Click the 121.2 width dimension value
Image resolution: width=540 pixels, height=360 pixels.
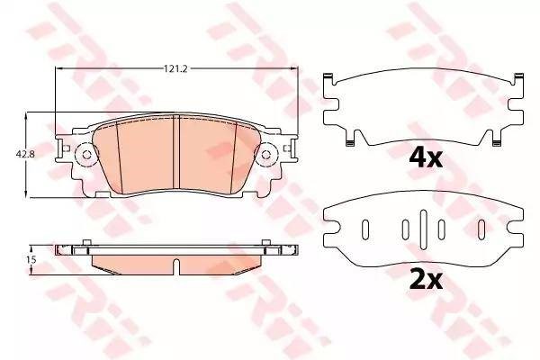pos(175,69)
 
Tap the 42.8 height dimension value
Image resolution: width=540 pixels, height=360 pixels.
pos(25,154)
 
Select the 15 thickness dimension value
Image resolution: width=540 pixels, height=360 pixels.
pos(31,260)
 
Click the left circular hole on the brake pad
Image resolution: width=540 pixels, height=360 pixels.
pos(86,155)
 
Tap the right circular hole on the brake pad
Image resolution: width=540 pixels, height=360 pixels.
pos(265,155)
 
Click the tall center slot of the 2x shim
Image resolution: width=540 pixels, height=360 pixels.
pos(423,229)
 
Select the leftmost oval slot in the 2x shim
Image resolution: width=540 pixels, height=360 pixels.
pos(365,229)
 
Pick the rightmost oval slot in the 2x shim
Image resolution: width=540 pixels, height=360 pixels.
pos(481,229)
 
